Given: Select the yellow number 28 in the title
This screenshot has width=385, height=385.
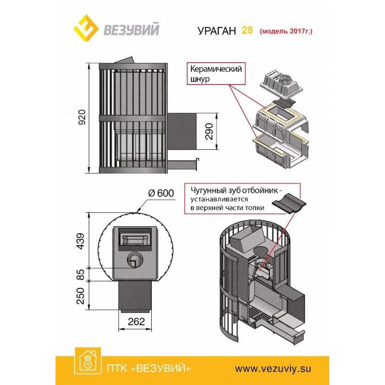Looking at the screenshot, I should click(247, 30).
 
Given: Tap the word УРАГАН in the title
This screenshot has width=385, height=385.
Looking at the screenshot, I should click(217, 31).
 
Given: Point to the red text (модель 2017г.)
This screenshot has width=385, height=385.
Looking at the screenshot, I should click(286, 31).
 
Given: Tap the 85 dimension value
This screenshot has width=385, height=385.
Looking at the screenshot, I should click(80, 274).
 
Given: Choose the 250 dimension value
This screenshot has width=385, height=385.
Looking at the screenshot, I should click(80, 295).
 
